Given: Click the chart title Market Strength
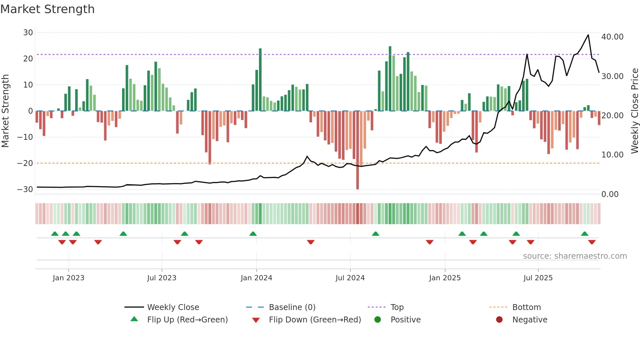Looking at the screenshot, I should tap(47, 9).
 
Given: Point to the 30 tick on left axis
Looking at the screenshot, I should tap(28, 33).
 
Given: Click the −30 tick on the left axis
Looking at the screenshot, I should tap(25, 189).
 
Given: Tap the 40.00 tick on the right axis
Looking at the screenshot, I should tap(612, 37).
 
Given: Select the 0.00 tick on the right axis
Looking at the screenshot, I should tap(610, 194).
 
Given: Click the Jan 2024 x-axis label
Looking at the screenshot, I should tap(256, 278).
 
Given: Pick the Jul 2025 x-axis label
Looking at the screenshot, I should tap(538, 278).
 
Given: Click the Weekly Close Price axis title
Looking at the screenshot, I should tap(634, 111).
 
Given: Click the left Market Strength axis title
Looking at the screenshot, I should tap(5, 111).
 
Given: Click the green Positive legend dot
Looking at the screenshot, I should tap(378, 320).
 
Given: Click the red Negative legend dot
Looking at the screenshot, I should tap(499, 320).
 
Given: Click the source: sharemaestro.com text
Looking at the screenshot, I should tap(575, 256).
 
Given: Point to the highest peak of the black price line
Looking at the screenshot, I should tap(588, 35).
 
